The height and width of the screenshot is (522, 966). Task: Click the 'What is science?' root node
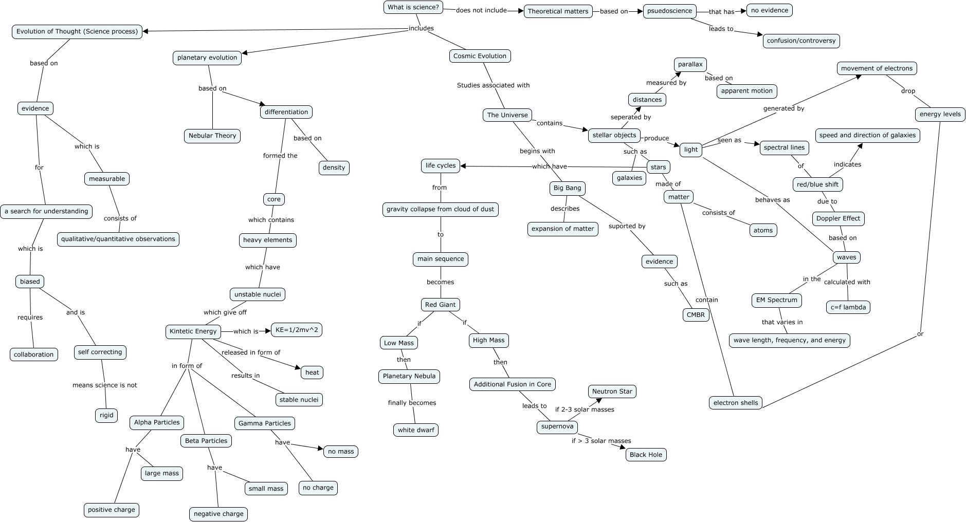(x=413, y=7)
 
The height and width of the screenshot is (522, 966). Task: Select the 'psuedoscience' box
(x=669, y=11)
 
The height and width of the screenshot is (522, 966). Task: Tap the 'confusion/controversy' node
(x=801, y=41)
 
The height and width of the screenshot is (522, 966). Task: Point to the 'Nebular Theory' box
(x=212, y=136)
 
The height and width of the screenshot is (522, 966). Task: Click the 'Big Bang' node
(x=567, y=188)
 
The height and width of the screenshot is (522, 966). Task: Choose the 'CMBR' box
(x=696, y=314)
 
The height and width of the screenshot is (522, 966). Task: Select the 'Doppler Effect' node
(x=838, y=218)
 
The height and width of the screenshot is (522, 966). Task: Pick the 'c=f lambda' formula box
(x=848, y=307)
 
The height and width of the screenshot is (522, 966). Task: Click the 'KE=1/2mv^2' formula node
(x=297, y=330)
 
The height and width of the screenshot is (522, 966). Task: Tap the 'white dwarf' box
(x=416, y=430)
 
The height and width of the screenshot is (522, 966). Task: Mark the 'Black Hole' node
(x=646, y=455)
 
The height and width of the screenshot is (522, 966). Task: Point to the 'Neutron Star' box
(x=612, y=391)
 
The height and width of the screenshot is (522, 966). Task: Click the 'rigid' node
(x=106, y=415)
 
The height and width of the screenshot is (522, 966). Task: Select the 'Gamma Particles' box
(x=265, y=423)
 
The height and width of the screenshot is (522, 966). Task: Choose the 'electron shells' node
(x=736, y=403)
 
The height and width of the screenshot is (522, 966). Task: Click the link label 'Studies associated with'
(x=493, y=85)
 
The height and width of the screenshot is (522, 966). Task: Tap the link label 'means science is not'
(x=105, y=385)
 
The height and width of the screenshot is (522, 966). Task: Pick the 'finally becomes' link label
(x=412, y=403)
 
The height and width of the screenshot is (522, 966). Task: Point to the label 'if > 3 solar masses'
(x=601, y=441)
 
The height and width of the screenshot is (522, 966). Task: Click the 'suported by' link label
(x=627, y=226)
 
